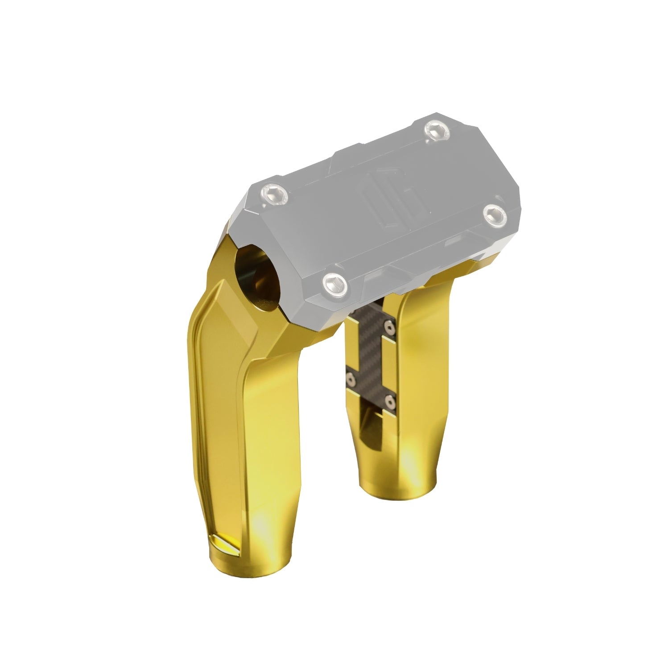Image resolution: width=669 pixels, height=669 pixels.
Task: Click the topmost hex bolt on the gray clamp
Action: pyautogui.click(x=436, y=130)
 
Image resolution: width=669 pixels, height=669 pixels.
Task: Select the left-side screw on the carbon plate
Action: pyautogui.click(x=352, y=379)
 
